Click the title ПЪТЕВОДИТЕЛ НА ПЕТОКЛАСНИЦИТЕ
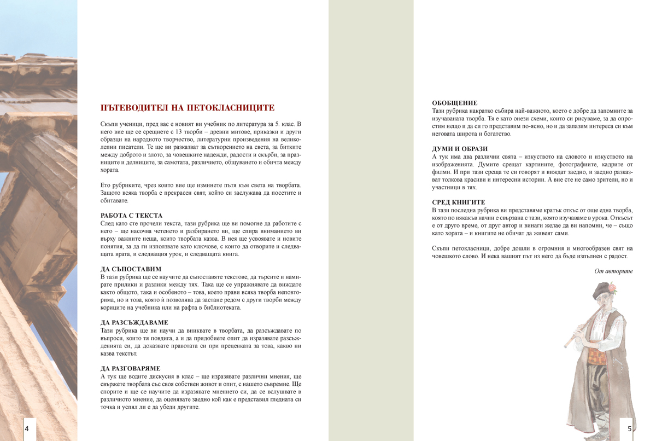coord(188,108)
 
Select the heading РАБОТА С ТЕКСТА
coord(132,216)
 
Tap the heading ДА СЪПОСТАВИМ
coord(131,269)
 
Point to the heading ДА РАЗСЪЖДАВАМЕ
coord(134,323)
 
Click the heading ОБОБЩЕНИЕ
coord(455,103)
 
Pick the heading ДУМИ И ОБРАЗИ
coord(460,149)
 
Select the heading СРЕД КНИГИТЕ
coord(458,202)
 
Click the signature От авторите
coord(613,271)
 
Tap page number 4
coord(27,429)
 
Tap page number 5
coord(629,429)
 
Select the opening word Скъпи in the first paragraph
coord(110,124)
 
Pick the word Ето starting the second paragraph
coord(107,185)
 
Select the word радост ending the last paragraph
coord(619,256)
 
